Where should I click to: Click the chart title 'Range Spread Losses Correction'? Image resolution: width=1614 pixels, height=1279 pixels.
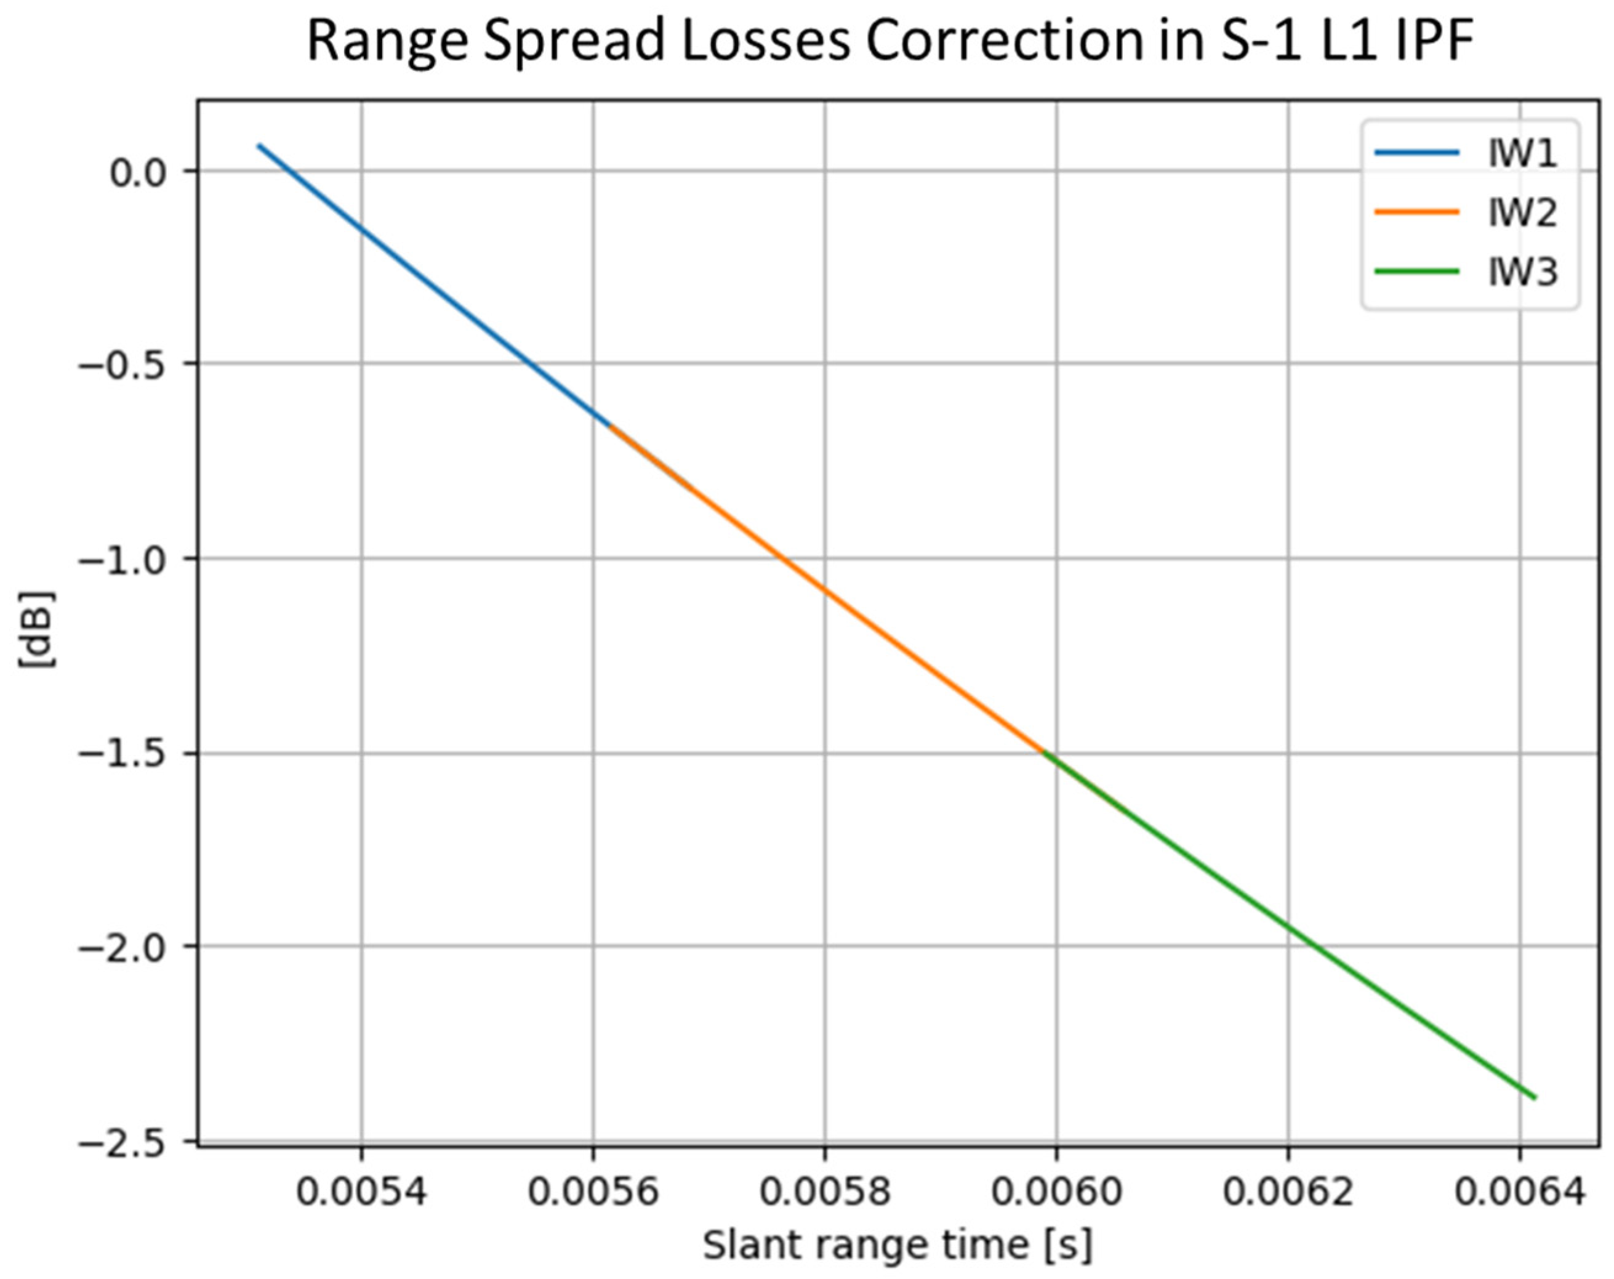pyautogui.click(x=890, y=41)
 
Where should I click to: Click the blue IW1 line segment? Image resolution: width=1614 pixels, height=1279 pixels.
pyautogui.click(x=434, y=286)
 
